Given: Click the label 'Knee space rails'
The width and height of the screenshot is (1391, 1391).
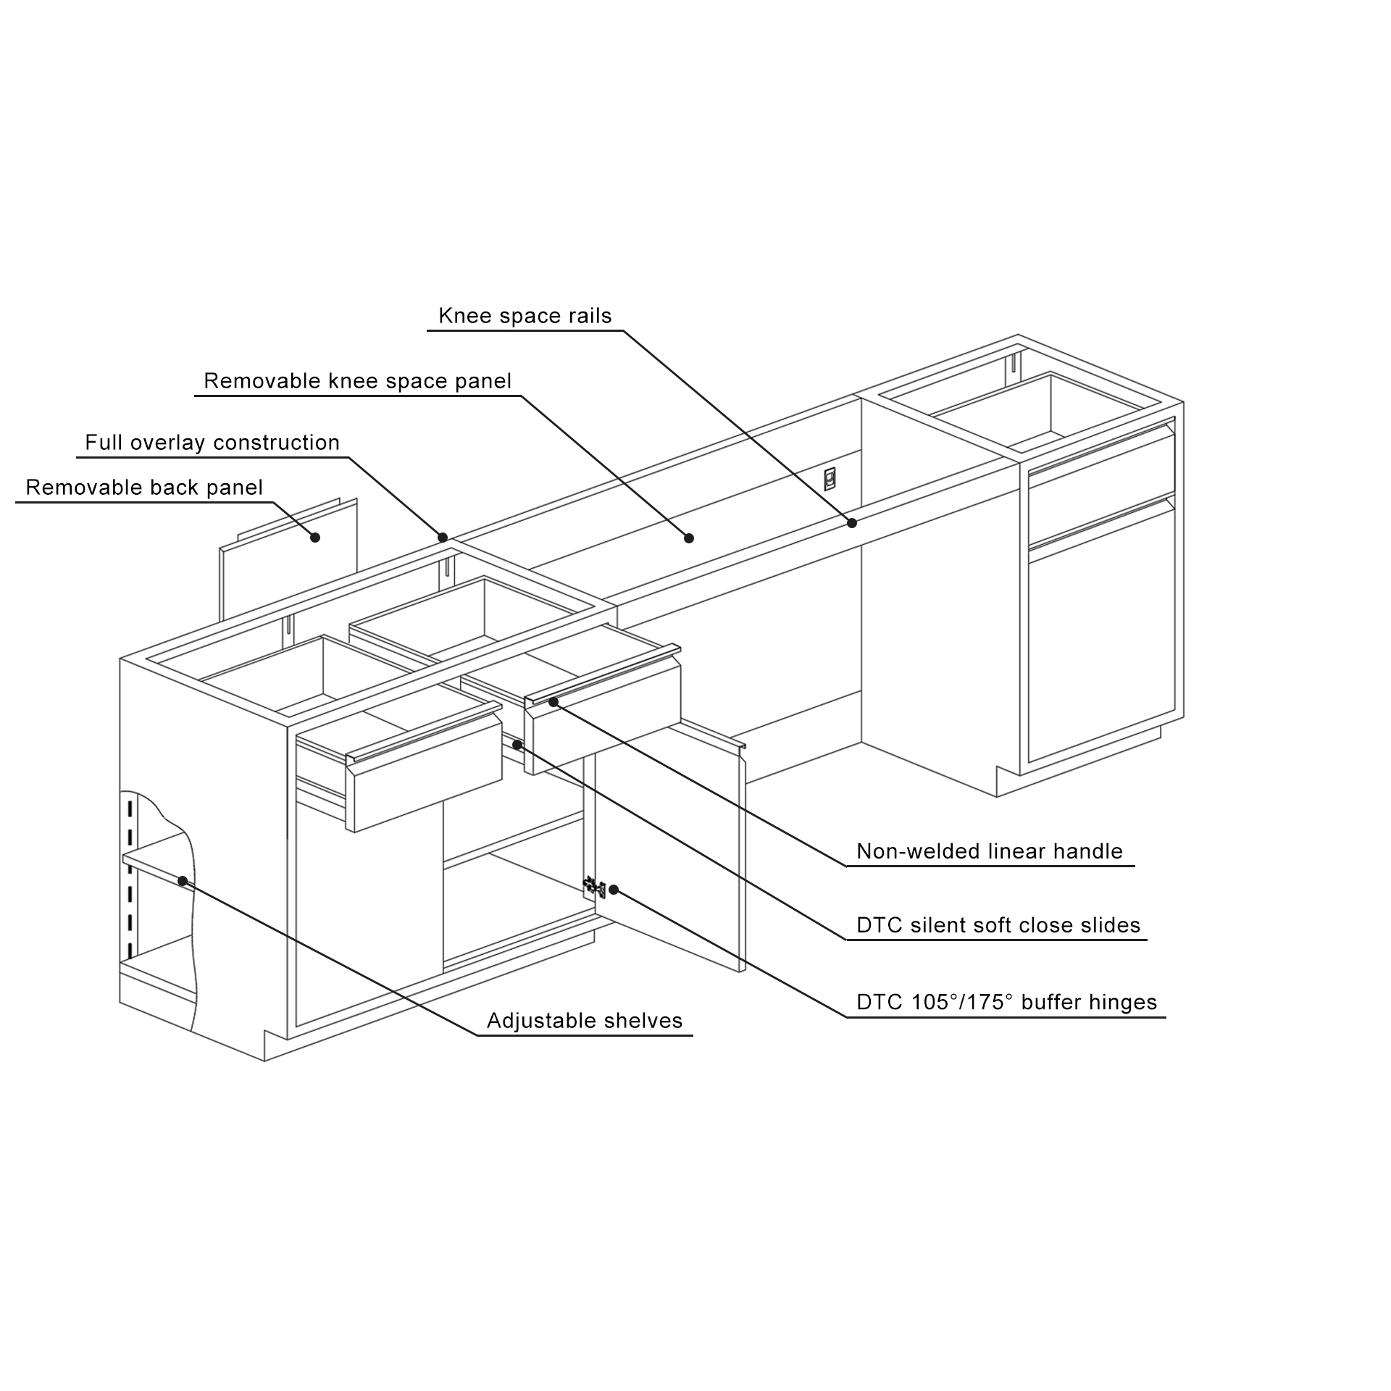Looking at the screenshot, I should tap(525, 316).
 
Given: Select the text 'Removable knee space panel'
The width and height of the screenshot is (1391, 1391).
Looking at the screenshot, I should tap(357, 381).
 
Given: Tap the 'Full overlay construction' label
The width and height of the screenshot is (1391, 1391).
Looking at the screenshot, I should tap(212, 443).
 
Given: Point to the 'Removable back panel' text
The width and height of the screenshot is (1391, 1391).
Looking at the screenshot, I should tap(144, 488).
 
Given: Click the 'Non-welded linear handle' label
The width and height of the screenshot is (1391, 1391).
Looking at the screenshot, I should tap(989, 851).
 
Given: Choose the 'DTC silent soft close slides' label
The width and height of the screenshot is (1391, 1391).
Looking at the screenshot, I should tap(998, 925).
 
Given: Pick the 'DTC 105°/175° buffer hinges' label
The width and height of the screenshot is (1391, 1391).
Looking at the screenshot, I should tap(1006, 1002).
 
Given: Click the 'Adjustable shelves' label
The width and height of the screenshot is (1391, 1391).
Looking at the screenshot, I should tap(584, 1021).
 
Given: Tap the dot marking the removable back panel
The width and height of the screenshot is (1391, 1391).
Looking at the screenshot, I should tap(315, 538).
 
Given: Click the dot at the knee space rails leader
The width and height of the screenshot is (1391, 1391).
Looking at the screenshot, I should tap(852, 522).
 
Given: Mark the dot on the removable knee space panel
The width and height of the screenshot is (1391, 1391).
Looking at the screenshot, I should tap(689, 538).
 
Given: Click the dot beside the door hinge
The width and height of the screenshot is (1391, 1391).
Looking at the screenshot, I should tap(614, 889).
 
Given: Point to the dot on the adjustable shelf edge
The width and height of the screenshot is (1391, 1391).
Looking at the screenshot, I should tap(183, 881).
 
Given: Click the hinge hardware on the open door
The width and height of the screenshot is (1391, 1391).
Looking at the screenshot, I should tap(594, 885).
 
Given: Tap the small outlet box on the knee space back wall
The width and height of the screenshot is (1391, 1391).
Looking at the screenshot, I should tap(830, 479).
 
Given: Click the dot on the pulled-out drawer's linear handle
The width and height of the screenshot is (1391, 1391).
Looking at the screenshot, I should tap(554, 701).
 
